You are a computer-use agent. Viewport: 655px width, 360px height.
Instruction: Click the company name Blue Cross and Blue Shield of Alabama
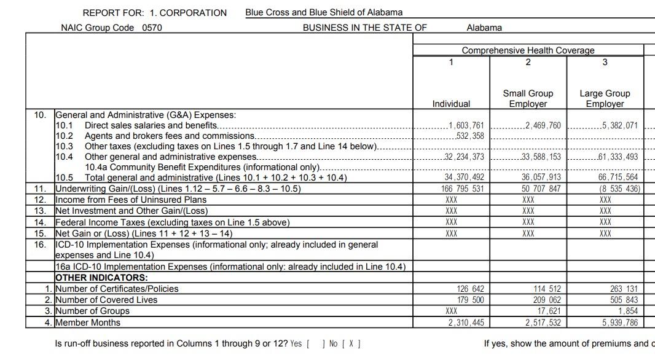click(x=324, y=12)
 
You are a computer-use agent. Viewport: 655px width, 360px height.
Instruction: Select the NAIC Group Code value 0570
click(x=152, y=28)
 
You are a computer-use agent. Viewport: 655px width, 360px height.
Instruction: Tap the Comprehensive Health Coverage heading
click(x=528, y=50)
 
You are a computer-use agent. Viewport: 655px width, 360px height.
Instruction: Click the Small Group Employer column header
click(x=528, y=98)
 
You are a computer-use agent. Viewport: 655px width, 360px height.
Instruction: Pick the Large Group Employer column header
click(x=605, y=98)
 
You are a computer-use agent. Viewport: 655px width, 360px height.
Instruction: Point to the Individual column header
click(x=451, y=104)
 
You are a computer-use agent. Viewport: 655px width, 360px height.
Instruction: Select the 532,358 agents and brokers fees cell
click(x=470, y=136)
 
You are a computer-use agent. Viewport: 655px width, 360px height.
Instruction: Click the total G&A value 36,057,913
click(x=541, y=178)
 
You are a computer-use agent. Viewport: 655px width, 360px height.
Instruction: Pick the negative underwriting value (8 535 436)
click(x=620, y=189)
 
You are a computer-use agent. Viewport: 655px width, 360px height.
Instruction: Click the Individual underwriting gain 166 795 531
click(x=463, y=189)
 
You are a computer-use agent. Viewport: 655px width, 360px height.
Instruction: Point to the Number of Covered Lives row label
click(x=106, y=300)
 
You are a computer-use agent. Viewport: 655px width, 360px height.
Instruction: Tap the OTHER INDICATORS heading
click(x=101, y=278)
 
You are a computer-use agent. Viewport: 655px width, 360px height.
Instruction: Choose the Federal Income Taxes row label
click(x=172, y=222)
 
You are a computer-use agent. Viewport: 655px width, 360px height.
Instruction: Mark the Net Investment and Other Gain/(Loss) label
click(x=131, y=211)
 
